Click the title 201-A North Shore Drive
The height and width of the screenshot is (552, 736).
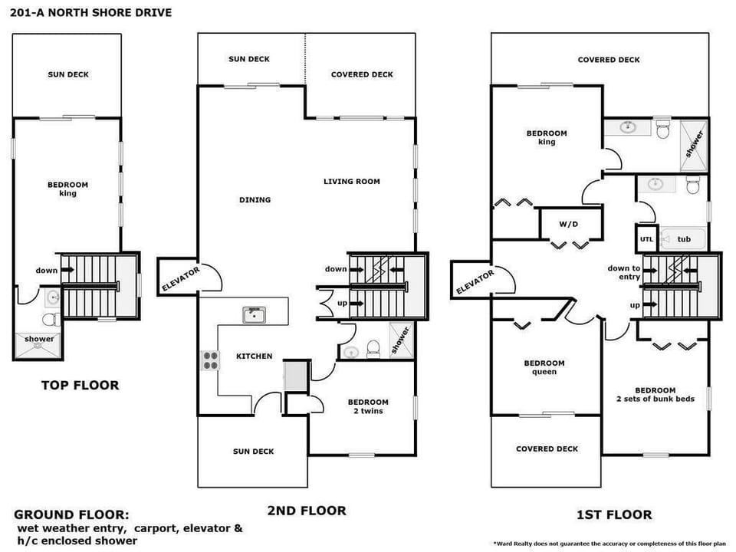[91, 12]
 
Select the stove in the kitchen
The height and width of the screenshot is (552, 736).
[210, 360]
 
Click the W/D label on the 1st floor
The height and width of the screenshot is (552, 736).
[568, 225]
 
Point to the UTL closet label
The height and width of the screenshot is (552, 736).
[646, 239]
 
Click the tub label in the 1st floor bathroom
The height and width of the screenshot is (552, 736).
[684, 239]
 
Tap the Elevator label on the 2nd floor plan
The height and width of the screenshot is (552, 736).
[180, 278]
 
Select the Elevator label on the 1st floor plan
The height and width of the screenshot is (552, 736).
[475, 282]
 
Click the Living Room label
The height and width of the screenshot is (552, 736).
[351, 182]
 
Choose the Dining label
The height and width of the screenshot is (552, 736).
[255, 200]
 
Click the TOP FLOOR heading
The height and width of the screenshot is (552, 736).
[80, 385]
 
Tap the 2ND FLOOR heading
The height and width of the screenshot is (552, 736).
[306, 510]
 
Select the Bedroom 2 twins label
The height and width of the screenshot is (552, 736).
[368, 406]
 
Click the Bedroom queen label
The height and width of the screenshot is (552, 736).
[544, 367]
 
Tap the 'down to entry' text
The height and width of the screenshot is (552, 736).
[624, 272]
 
